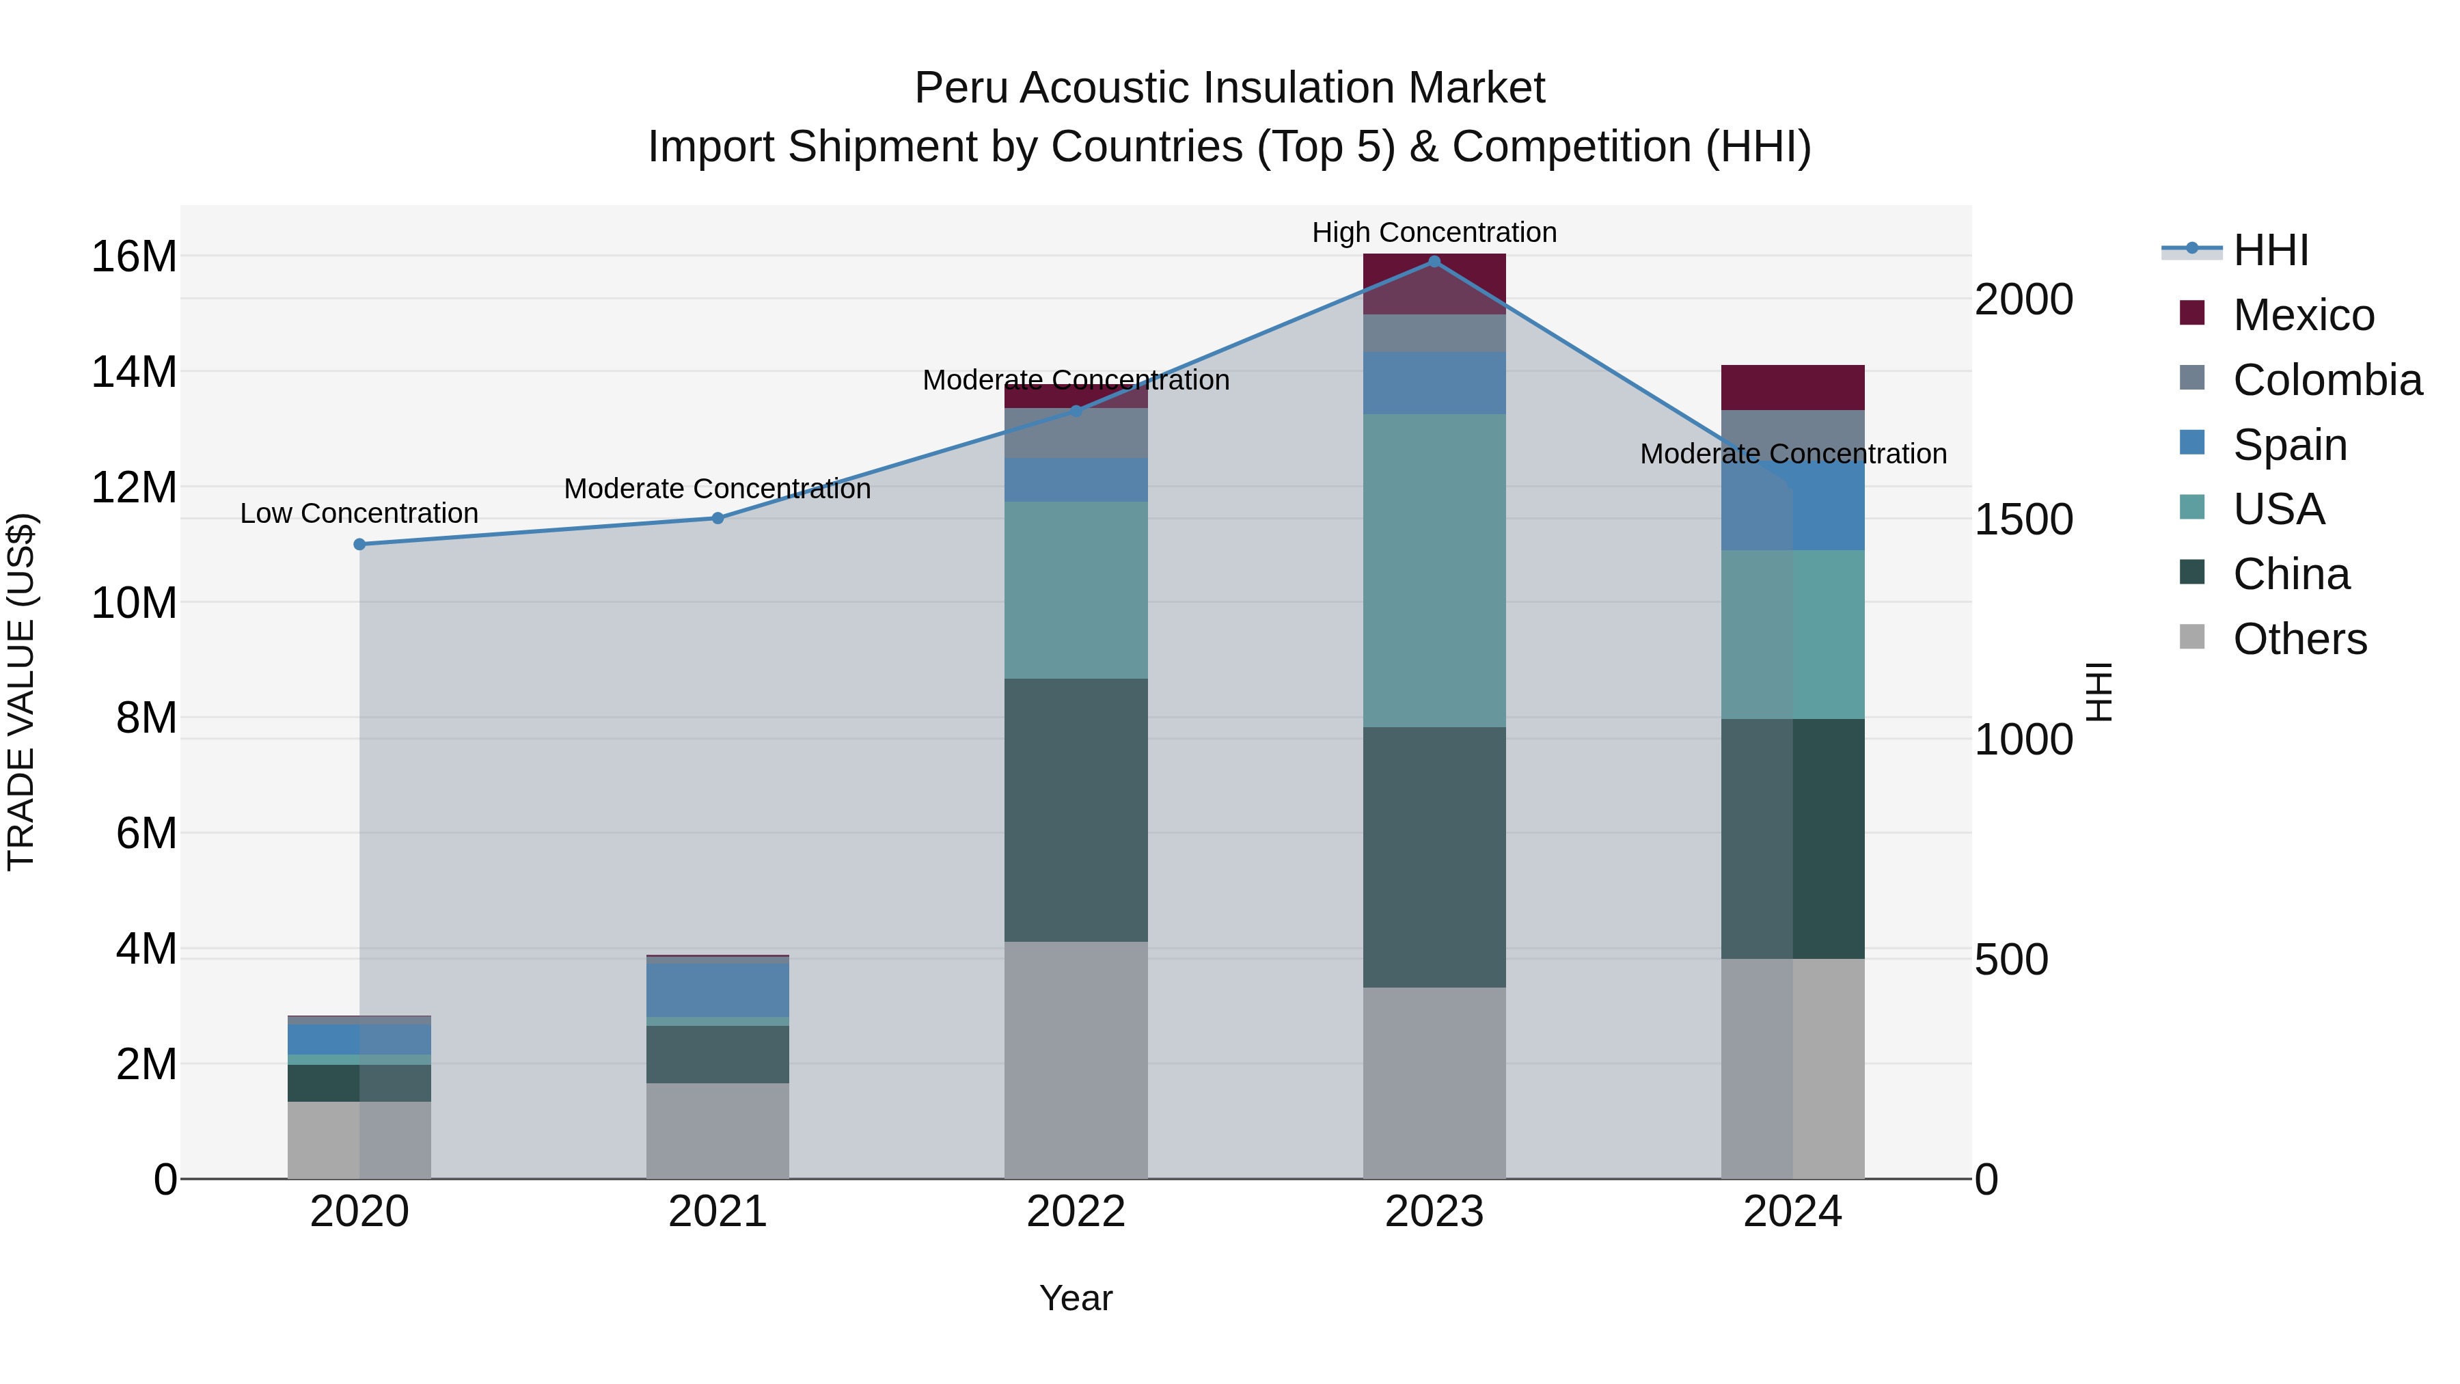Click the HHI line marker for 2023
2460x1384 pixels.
coord(1434,261)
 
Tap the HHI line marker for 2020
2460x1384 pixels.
coord(359,545)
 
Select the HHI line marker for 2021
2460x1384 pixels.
coord(717,519)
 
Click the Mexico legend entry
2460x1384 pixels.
coord(2302,315)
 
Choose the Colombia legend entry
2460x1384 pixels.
coord(2326,380)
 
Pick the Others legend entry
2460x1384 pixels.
coord(2299,639)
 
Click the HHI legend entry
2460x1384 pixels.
coord(2270,250)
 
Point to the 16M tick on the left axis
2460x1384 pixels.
coord(134,257)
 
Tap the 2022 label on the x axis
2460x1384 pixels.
coord(1076,1212)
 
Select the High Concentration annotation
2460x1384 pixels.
coord(1434,232)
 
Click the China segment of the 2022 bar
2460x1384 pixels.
coord(1076,810)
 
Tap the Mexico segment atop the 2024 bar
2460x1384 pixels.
coord(1792,387)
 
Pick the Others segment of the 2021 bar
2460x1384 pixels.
coord(717,1131)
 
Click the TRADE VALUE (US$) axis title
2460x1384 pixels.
coord(21,692)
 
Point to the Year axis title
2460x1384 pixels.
coord(1076,1298)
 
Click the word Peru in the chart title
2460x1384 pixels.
coord(961,88)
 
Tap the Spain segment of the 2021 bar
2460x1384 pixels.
coord(717,990)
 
